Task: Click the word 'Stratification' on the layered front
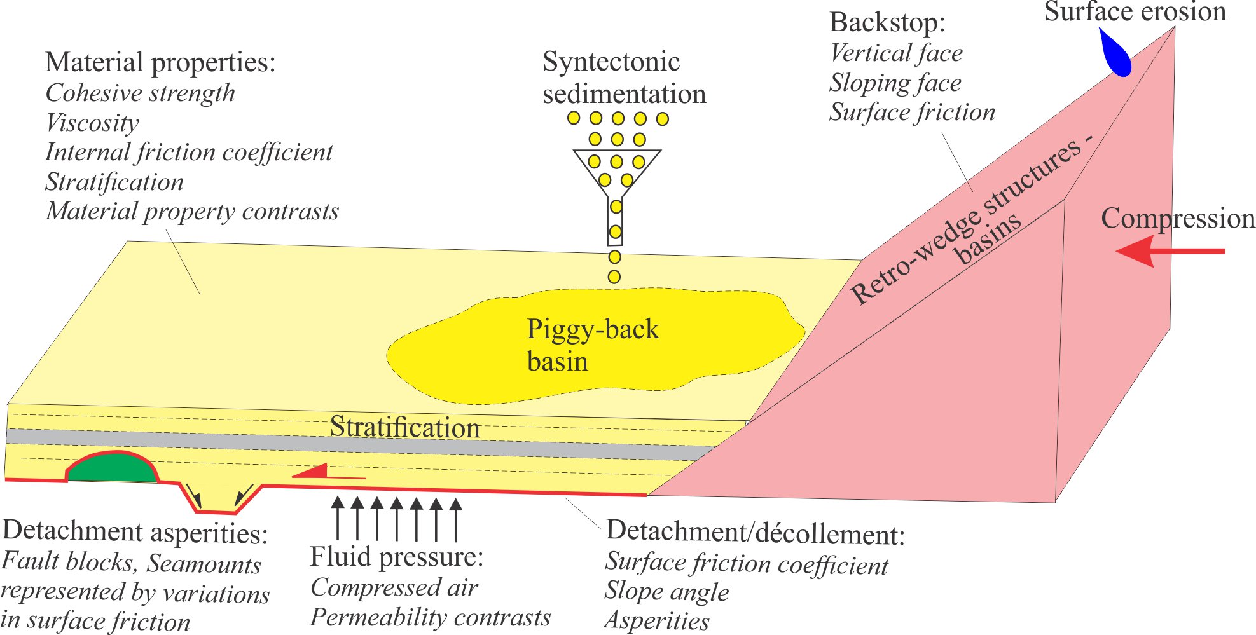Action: tap(404, 427)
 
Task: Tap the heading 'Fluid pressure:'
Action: tap(397, 557)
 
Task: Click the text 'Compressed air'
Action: tap(394, 587)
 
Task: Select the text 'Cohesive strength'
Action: tap(141, 93)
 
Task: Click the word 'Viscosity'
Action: tap(92, 123)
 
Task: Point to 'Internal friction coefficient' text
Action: tap(189, 152)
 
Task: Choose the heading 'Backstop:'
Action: tap(887, 22)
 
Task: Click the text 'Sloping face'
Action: tap(895, 83)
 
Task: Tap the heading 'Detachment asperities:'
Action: tap(135, 531)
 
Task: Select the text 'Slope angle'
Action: tap(666, 591)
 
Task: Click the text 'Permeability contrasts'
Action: tap(431, 617)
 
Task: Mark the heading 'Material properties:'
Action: tap(160, 62)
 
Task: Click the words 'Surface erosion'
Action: tap(1135, 11)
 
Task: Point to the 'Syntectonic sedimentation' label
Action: tap(623, 78)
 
